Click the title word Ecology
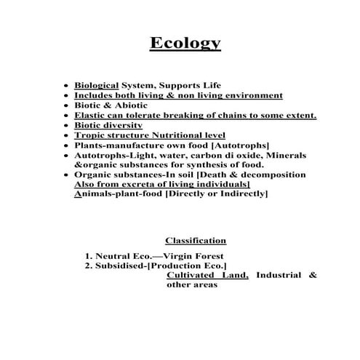pos(185,44)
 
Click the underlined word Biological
pos(97,85)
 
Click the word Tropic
pos(91,135)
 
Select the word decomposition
pos(271,175)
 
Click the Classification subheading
pos(196,241)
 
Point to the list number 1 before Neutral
pos(88,256)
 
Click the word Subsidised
pos(120,266)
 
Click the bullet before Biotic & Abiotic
pos(67,105)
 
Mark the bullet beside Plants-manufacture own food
pos(67,145)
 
